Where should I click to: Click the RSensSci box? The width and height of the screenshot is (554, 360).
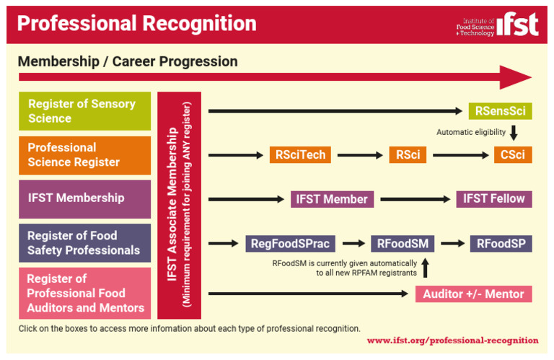tap(500, 111)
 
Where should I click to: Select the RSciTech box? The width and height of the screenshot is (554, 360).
tap(300, 155)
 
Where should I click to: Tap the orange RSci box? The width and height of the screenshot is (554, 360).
tap(408, 155)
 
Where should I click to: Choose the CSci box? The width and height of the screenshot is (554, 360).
tap(512, 155)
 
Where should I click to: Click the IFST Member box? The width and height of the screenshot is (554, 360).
tap(332, 199)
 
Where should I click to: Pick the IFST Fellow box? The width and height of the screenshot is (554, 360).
tap(493, 199)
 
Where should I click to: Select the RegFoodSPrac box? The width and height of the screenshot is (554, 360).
tap(289, 244)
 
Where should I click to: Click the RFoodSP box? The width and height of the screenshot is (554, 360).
tap(501, 244)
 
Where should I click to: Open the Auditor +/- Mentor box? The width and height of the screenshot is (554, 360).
tap(473, 294)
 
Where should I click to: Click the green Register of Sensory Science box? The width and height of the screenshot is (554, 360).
tap(84, 111)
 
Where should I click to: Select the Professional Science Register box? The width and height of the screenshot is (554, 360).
tap(84, 155)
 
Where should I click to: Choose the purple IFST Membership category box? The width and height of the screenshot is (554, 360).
tap(84, 198)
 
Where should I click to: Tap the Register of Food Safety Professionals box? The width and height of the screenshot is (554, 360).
tap(84, 243)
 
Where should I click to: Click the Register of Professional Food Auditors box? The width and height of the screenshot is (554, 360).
tap(84, 293)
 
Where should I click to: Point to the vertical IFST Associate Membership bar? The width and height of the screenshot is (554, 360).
tap(180, 205)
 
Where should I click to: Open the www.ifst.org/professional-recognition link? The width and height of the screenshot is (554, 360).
tap(452, 340)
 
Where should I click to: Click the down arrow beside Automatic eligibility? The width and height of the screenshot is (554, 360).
tap(514, 133)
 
